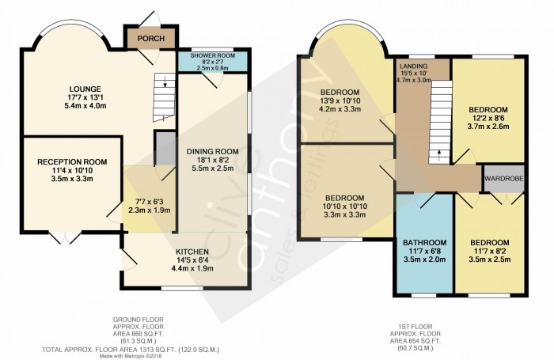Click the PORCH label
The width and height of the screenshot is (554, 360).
point(151,39)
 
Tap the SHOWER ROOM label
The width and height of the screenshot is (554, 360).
point(213,56)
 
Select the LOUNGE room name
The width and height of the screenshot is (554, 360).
point(85,89)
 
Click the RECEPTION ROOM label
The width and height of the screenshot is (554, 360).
point(72,162)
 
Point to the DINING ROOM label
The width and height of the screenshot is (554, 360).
point(213,152)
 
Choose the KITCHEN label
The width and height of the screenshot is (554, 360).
point(192,252)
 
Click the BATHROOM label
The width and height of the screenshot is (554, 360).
point(425,243)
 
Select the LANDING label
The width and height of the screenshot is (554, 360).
point(414,66)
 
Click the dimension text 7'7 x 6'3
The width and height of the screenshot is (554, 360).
point(150,203)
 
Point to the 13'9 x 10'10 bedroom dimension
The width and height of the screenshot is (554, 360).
point(338,100)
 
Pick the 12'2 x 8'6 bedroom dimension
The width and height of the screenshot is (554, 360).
point(488,118)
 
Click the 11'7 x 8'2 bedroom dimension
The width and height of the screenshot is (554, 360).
point(490,251)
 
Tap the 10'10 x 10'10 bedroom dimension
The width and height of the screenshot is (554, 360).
point(345,207)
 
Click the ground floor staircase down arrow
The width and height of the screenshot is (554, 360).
point(165,82)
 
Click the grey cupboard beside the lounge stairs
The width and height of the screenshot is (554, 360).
point(165,148)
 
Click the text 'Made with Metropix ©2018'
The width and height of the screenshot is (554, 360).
point(131,356)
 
